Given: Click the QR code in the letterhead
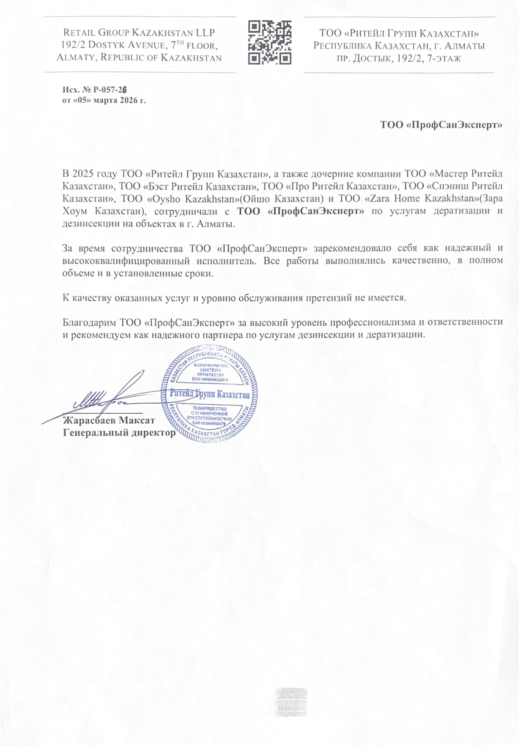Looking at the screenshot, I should pyautogui.click(x=269, y=43).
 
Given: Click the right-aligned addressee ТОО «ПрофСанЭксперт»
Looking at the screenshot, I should pyautogui.click(x=442, y=125).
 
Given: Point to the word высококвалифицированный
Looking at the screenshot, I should pyautogui.click(x=126, y=261).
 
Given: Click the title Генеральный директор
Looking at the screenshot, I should pyautogui.click(x=119, y=433).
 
